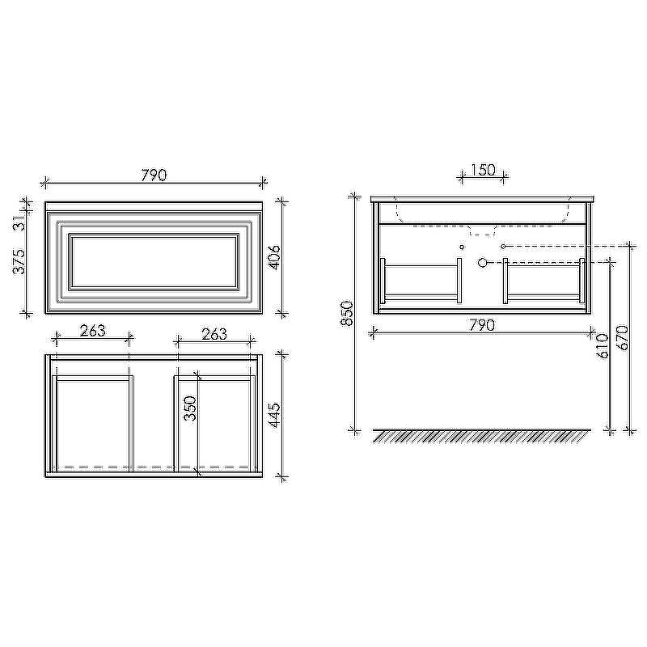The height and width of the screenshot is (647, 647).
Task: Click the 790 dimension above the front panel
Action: click(154, 175)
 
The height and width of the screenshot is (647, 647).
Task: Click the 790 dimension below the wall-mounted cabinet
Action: click(482, 325)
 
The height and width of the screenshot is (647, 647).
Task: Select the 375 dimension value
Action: click(19, 261)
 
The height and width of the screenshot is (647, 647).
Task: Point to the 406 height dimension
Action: click(274, 257)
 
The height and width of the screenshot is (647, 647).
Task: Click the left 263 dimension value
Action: click(93, 331)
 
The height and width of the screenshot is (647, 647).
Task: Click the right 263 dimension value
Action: click(214, 334)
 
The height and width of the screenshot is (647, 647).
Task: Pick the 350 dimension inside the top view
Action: click(190, 408)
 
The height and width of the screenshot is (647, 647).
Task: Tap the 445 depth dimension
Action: click(274, 415)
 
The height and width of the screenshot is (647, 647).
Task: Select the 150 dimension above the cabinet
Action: click(483, 170)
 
